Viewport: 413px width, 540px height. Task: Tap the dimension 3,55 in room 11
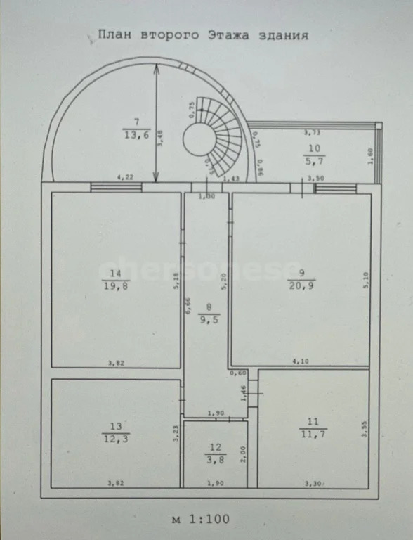[364, 429]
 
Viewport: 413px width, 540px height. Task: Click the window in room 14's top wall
[116, 187]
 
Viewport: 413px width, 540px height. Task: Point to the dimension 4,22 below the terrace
[126, 177]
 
